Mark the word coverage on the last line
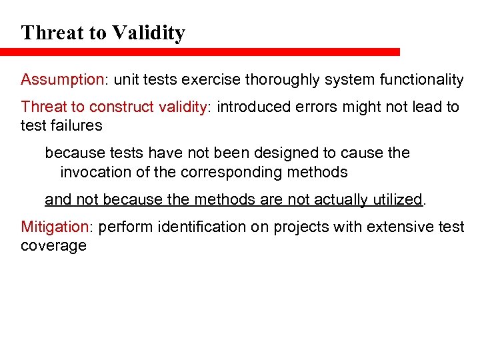[x=53, y=245]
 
